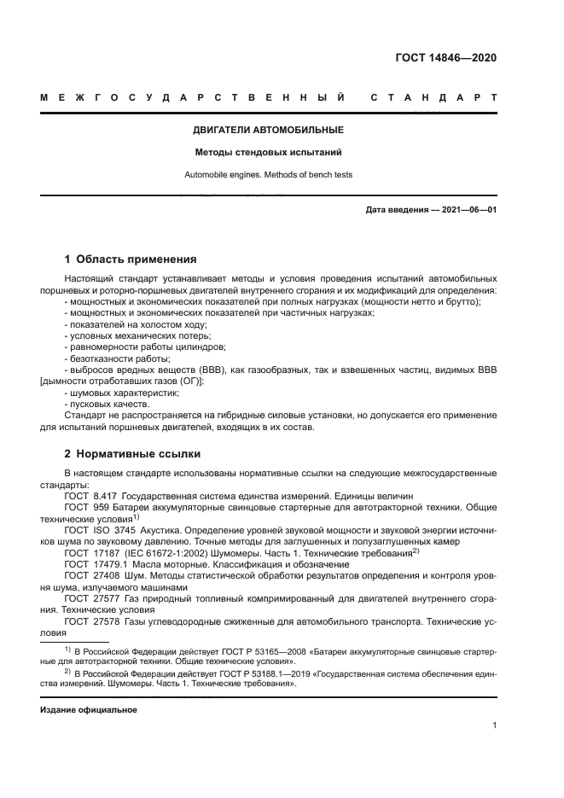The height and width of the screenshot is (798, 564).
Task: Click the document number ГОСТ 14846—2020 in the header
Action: (445, 59)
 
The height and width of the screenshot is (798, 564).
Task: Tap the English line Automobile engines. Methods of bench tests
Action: (269, 175)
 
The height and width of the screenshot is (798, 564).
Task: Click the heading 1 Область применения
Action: (131, 259)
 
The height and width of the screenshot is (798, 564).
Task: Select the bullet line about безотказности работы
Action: (106, 358)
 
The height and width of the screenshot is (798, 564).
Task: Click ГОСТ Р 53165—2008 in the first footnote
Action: (218, 650)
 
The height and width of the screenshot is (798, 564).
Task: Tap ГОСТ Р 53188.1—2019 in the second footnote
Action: (221, 673)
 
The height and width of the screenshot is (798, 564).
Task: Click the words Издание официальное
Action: (89, 709)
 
